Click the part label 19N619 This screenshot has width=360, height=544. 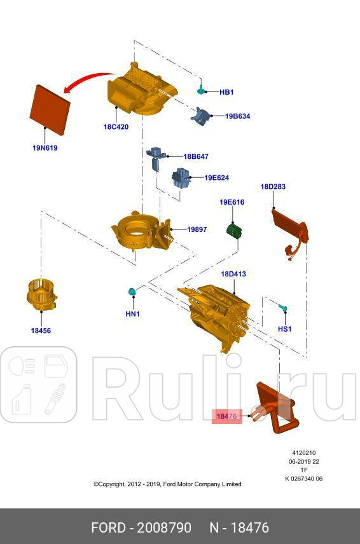click(x=45, y=147)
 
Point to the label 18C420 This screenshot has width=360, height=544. click(x=116, y=127)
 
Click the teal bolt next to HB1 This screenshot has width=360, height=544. click(x=202, y=88)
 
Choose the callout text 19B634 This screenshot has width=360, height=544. click(x=237, y=116)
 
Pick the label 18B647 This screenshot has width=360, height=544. click(x=196, y=156)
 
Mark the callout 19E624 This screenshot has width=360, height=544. click(x=216, y=178)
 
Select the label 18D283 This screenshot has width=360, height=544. click(x=273, y=187)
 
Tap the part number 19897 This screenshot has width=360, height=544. click(x=197, y=229)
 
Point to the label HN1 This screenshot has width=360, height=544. click(x=132, y=314)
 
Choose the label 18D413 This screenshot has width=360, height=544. click(x=233, y=274)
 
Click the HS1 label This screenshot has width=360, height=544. click(x=285, y=329)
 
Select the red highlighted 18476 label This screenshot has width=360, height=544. click(x=226, y=416)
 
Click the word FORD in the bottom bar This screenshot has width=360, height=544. click(x=109, y=528)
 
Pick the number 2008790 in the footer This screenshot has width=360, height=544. click(x=167, y=528)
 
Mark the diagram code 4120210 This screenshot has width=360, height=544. click(x=304, y=453)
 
